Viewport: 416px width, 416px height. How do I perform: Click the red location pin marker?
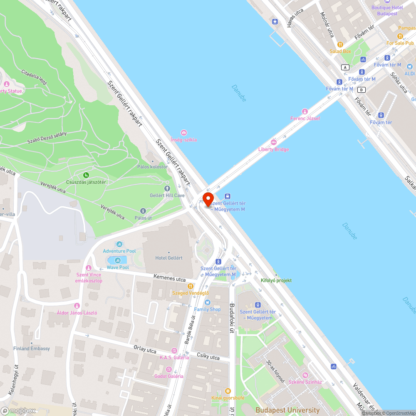[208, 199]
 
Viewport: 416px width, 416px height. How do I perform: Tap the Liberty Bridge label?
[273, 149]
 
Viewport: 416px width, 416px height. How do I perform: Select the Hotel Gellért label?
[169, 258]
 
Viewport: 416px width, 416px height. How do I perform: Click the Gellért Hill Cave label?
[167, 195]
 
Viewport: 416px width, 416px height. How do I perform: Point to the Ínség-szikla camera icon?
[183, 132]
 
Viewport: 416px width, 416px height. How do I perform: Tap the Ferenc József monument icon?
[305, 111]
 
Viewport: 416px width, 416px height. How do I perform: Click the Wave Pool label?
[118, 267]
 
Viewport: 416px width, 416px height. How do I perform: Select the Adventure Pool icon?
[119, 244]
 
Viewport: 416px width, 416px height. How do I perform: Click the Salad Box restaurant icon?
[340, 44]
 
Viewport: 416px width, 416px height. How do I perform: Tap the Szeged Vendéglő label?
[191, 293]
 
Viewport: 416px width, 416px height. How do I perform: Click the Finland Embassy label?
[32, 349]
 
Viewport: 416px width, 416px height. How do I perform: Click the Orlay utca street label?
[145, 349]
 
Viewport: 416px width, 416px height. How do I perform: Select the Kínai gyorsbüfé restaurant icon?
[228, 391]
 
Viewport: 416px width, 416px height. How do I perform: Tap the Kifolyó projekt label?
[276, 280]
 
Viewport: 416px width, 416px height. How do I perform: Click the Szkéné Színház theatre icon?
[305, 375]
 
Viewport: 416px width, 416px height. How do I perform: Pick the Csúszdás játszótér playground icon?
[86, 175]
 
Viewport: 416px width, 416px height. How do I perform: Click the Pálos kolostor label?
[152, 167]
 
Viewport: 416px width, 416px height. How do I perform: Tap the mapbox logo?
[18, 410]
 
